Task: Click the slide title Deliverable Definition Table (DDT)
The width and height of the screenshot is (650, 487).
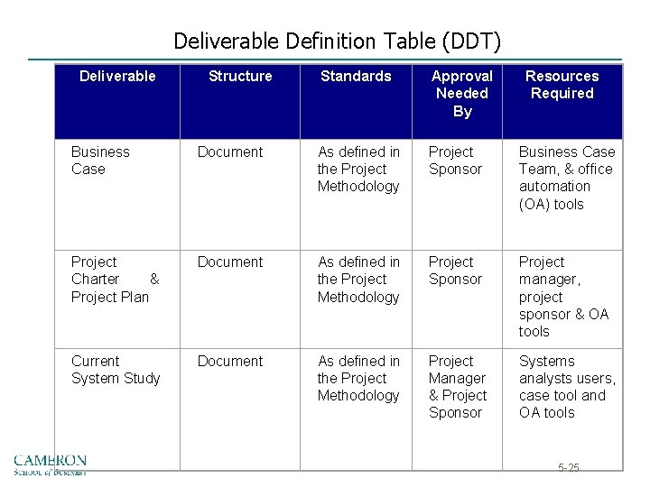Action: click(x=337, y=41)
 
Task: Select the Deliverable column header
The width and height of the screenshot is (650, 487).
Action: click(x=117, y=77)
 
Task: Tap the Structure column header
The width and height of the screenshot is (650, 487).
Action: click(x=240, y=77)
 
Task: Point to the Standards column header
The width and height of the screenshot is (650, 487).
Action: click(x=356, y=77)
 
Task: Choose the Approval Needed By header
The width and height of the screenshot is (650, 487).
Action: click(x=462, y=94)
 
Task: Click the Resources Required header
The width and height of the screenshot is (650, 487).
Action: click(x=562, y=85)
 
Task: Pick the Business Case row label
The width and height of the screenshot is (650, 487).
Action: click(x=100, y=161)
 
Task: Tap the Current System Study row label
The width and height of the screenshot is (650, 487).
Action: click(x=116, y=370)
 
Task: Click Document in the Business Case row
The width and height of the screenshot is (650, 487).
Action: click(x=230, y=152)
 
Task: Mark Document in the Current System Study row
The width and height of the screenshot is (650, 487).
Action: click(x=230, y=362)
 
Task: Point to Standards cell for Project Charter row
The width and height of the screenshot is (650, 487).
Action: click(x=358, y=280)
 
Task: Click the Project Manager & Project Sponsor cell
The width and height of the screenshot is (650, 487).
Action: click(x=458, y=387)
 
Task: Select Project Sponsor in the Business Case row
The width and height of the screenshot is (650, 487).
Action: click(x=455, y=161)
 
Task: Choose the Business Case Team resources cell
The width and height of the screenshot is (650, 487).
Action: click(x=566, y=178)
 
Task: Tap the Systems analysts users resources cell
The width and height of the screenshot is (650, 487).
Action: click(x=567, y=387)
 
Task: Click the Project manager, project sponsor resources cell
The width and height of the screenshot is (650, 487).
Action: click(x=564, y=297)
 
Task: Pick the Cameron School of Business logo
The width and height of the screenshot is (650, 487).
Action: click(x=50, y=464)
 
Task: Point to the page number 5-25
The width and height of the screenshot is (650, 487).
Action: click(x=569, y=467)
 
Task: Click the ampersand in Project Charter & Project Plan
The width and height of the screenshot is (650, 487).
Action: click(x=154, y=280)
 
